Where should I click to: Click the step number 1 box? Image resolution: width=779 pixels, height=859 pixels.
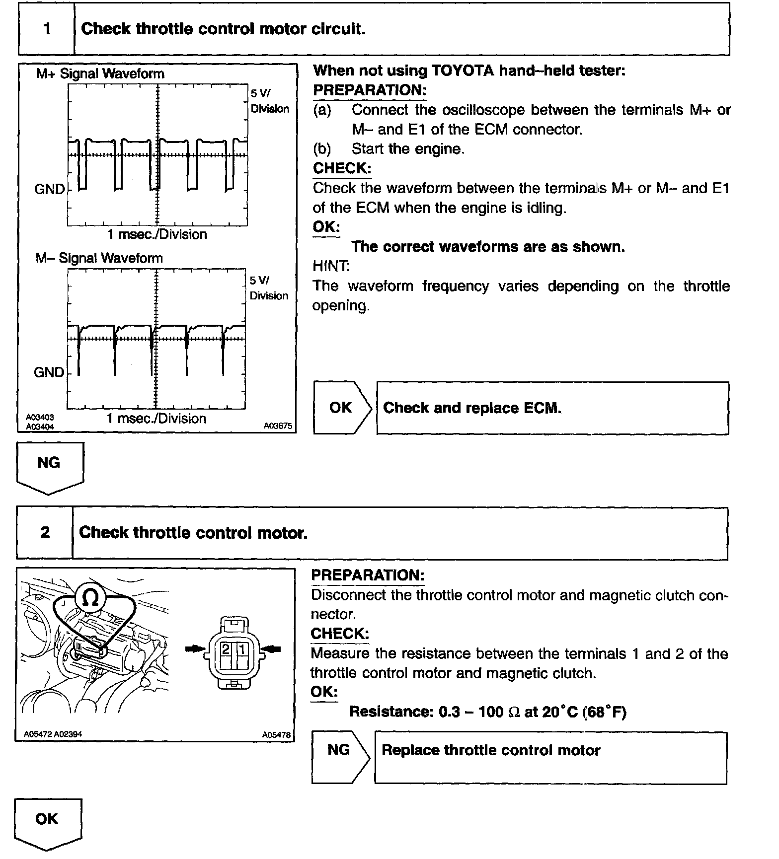point(47,29)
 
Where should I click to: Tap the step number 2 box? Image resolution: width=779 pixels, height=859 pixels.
point(45,533)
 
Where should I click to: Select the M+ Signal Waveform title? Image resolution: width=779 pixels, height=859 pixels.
point(100,74)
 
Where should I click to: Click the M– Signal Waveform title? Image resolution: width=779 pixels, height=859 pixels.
point(99,258)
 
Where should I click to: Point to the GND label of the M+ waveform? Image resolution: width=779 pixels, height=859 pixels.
point(49,189)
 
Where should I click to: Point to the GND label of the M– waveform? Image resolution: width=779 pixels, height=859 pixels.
point(49,372)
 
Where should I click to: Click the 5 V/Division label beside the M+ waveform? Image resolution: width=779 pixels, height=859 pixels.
point(269,101)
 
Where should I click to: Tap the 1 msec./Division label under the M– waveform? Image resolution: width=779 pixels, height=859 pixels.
point(156,419)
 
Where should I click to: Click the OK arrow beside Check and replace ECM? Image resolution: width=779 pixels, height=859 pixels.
point(341,408)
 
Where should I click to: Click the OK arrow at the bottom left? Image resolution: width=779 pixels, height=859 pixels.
point(47,822)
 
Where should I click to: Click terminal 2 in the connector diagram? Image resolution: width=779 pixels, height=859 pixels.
point(226,649)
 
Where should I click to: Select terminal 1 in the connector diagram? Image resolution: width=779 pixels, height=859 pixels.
point(241,649)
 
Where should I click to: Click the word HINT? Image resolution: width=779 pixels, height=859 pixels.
point(331,266)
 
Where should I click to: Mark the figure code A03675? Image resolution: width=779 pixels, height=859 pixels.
point(278,426)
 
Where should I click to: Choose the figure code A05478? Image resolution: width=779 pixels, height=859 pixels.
point(276,735)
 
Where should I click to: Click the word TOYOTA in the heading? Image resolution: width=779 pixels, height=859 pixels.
point(462,71)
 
